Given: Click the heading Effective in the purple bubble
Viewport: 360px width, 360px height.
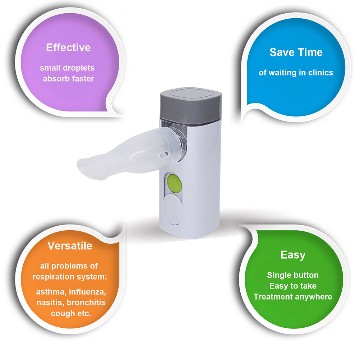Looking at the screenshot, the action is click(68, 47).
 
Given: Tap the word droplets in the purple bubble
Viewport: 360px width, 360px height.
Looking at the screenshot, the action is click(79, 68).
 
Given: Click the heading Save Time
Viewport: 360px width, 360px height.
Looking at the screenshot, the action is click(296, 52).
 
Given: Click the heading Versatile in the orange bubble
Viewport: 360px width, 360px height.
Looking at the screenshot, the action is click(70, 246).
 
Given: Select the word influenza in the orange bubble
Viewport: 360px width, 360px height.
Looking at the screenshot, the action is click(87, 292).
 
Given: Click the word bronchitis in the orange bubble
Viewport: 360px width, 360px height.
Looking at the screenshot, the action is click(86, 303).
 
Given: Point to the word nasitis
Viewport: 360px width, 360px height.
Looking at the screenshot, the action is click(50, 303).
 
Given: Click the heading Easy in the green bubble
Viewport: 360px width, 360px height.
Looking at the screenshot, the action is click(293, 255).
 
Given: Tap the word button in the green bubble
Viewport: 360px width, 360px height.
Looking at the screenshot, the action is click(305, 275).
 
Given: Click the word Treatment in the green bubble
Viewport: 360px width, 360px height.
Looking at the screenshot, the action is click(273, 297).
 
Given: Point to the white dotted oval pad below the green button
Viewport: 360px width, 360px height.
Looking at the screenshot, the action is click(172, 209).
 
